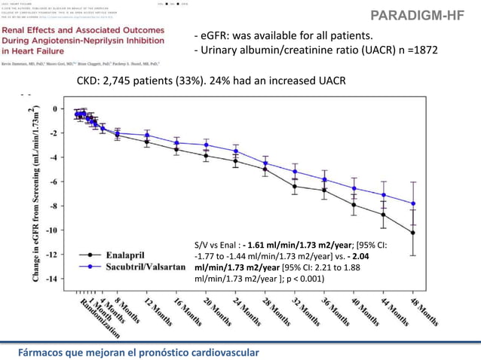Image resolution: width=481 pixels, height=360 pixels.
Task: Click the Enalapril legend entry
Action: [x=125, y=256]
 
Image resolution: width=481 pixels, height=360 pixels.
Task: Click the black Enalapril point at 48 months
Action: [x=413, y=233]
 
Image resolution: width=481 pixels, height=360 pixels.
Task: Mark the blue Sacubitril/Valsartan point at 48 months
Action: [x=413, y=203]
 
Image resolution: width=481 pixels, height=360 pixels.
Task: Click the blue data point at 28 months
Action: [x=265, y=163]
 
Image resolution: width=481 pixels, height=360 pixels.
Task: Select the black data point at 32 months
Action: [x=295, y=186]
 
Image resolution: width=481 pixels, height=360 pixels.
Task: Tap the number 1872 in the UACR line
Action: [x=419, y=50]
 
